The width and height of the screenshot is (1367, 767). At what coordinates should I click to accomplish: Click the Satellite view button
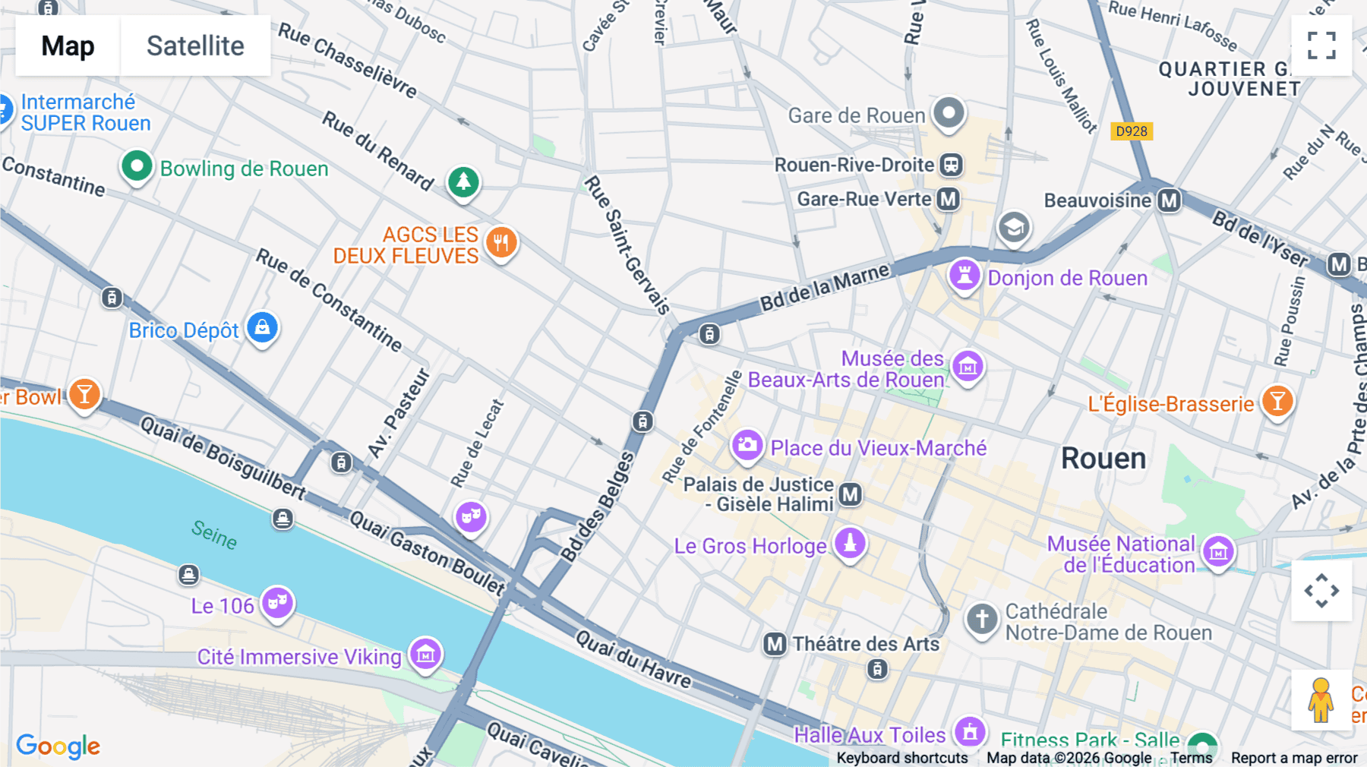pyautogui.click(x=195, y=46)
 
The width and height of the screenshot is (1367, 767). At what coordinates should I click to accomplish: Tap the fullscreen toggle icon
pyautogui.click(x=1321, y=46)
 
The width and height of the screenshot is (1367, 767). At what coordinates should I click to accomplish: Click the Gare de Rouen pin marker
pyautogui.click(x=949, y=114)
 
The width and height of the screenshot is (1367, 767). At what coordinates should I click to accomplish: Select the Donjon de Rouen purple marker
pyautogui.click(x=964, y=275)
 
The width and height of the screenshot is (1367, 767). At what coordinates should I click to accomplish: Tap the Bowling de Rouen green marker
pyautogui.click(x=137, y=166)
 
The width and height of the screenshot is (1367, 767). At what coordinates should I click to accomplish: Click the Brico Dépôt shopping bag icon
pyautogui.click(x=263, y=328)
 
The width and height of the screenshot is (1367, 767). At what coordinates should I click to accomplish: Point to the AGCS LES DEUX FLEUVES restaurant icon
pyautogui.click(x=500, y=243)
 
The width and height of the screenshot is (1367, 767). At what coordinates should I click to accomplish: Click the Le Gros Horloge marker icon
pyautogui.click(x=850, y=544)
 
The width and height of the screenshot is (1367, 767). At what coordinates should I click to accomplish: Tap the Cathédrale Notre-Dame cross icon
pyautogui.click(x=981, y=619)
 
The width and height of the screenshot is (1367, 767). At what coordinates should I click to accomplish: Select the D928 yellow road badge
pyautogui.click(x=1132, y=131)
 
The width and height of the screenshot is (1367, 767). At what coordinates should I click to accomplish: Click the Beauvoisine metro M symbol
pyautogui.click(x=1170, y=200)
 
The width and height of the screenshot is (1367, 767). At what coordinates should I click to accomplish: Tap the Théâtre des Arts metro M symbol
pyautogui.click(x=775, y=645)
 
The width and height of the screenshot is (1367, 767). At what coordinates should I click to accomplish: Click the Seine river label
pyautogui.click(x=214, y=534)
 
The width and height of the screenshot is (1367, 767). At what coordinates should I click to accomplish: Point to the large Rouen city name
pyautogui.click(x=1103, y=459)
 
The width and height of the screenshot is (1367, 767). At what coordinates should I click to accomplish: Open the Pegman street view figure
pyautogui.click(x=1321, y=700)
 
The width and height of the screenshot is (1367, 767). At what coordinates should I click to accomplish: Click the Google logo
pyautogui.click(x=58, y=746)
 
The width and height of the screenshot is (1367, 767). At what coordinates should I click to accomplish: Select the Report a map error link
pyautogui.click(x=1294, y=758)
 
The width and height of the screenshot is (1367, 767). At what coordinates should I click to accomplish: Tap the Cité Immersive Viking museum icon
pyautogui.click(x=425, y=653)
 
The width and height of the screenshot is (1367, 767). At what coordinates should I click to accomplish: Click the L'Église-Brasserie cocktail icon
pyautogui.click(x=1277, y=401)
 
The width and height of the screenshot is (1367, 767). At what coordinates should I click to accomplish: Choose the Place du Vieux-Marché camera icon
pyautogui.click(x=747, y=445)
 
